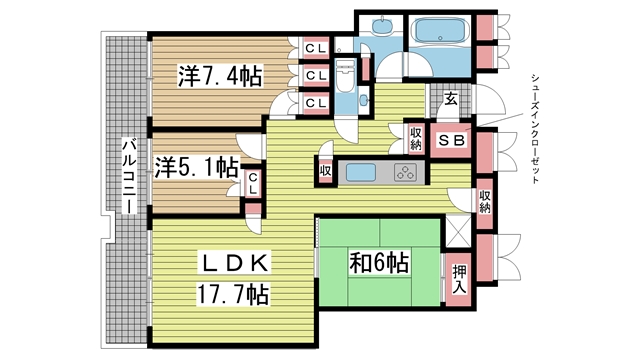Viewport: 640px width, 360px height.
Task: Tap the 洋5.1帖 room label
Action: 196,166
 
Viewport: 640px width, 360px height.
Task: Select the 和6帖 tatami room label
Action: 378,263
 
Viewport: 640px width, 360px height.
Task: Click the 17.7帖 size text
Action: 231,295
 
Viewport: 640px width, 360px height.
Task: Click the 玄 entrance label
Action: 451,99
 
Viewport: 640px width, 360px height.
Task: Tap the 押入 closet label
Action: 459,277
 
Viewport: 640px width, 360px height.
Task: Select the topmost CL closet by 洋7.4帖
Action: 315,49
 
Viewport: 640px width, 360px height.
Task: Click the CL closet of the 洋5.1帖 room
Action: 254,183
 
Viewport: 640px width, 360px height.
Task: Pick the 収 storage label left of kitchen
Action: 326,172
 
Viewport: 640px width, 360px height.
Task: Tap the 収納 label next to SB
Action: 415,138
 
